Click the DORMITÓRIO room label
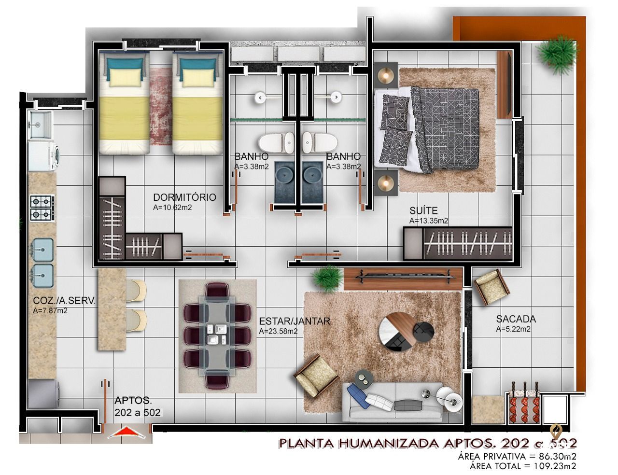184,197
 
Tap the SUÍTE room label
423,211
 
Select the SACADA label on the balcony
516,319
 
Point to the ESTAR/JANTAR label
295,321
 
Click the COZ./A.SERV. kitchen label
64,301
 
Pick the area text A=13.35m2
428,221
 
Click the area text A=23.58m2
278,331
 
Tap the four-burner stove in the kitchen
41,208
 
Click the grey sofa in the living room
393,401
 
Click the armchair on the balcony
491,287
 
